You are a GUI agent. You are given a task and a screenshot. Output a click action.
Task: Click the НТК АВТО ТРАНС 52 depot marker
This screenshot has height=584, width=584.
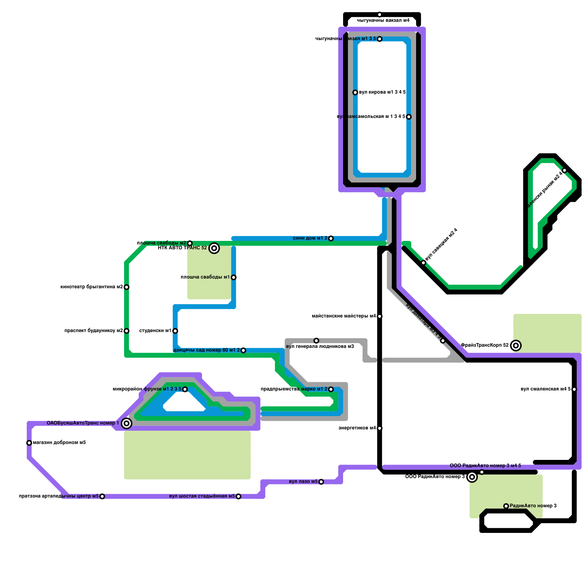(214, 248)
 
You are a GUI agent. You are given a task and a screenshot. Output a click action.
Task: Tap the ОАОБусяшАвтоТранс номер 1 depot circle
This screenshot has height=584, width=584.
(127, 423)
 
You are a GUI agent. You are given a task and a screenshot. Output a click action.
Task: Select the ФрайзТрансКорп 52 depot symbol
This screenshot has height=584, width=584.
(516, 346)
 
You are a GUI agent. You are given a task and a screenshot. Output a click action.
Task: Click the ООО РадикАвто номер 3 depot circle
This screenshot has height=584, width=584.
(472, 477)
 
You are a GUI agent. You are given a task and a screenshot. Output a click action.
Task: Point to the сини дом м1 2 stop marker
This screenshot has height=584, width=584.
(331, 239)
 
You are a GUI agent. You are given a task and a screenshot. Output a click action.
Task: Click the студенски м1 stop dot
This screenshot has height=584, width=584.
(175, 331)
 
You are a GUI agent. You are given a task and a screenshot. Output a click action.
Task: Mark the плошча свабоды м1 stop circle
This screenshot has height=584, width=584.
(234, 277)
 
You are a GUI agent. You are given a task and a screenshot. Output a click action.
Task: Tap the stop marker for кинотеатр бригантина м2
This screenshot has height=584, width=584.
(127, 287)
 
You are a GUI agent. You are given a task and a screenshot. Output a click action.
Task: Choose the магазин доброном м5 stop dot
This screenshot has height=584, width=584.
(29, 443)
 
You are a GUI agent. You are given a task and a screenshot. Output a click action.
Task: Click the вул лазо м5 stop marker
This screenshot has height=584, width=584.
(321, 482)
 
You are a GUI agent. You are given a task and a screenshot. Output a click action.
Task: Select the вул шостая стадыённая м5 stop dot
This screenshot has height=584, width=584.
(238, 496)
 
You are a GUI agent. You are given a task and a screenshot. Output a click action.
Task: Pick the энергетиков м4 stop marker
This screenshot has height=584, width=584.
(380, 428)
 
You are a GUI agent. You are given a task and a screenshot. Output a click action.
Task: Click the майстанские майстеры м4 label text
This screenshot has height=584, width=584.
(343, 316)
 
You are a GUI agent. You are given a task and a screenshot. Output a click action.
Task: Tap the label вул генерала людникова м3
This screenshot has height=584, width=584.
(320, 346)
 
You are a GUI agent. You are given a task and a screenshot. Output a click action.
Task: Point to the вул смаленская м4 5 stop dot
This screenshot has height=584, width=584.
(574, 389)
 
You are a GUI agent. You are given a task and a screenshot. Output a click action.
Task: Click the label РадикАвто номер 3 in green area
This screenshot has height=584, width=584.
(533, 506)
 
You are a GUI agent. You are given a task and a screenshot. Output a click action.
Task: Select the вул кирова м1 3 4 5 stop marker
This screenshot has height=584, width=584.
(355, 93)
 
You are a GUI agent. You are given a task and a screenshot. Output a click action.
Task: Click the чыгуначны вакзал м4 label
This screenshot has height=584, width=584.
(383, 20)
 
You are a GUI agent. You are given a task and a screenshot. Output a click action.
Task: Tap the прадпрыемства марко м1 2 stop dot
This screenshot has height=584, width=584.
(331, 389)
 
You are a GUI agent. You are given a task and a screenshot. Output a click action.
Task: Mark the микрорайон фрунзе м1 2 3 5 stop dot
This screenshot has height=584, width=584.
(185, 389)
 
